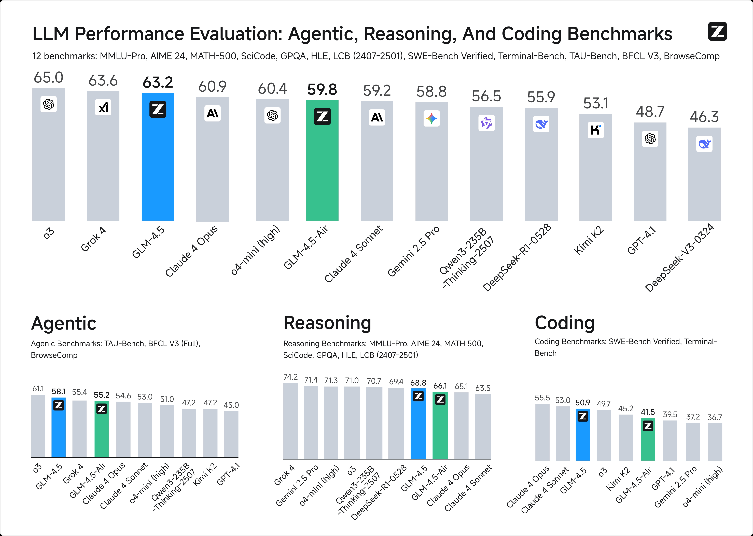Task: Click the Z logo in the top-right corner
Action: point(717,32)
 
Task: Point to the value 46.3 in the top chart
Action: point(704,117)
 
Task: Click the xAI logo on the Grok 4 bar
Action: point(103,107)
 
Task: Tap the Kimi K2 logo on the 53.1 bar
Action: point(596,130)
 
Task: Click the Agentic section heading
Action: point(64,323)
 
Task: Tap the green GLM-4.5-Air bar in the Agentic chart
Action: point(102,432)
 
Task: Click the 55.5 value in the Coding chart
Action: point(542,398)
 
